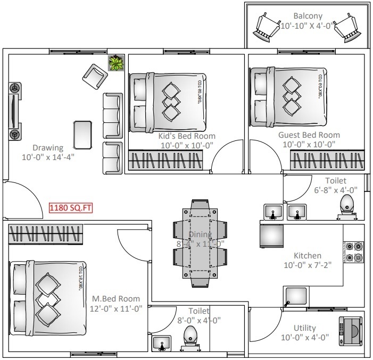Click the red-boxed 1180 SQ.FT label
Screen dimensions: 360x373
pos(70,208)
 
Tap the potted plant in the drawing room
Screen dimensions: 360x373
pos(115,63)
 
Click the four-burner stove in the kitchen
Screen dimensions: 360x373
pos(354,252)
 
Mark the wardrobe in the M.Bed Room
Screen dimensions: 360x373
pos(47,234)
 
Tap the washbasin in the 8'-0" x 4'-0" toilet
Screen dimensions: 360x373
pos(161,343)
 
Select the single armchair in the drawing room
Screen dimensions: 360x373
pos(95,78)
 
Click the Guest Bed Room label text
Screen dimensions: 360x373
pos(309,135)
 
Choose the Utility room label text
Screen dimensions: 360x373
pos(305,328)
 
